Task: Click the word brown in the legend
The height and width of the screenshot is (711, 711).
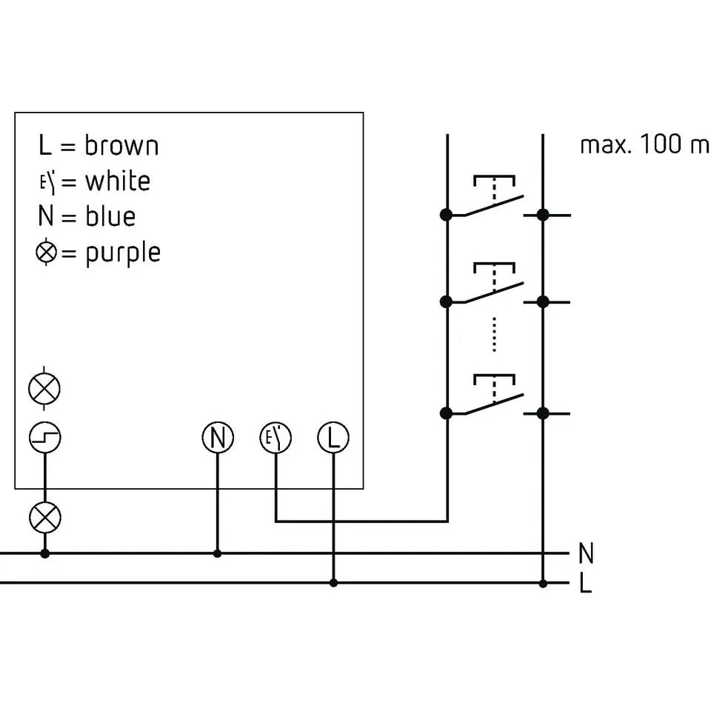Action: pyautogui.click(x=121, y=146)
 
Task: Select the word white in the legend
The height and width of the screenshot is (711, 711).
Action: pyautogui.click(x=118, y=181)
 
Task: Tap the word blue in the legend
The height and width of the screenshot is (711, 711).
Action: pyautogui.click(x=110, y=216)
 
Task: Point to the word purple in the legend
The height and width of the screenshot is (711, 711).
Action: pyautogui.click(x=123, y=253)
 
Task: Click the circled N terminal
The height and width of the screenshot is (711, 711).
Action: pyautogui.click(x=218, y=438)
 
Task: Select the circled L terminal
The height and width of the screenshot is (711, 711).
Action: pyautogui.click(x=333, y=438)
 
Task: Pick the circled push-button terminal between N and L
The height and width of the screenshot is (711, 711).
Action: pyautogui.click(x=276, y=438)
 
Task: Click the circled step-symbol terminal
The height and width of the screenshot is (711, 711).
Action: pyautogui.click(x=45, y=438)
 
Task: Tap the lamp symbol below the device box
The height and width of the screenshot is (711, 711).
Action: pyautogui.click(x=45, y=518)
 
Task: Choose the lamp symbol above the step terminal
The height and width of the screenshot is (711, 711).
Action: pyautogui.click(x=44, y=388)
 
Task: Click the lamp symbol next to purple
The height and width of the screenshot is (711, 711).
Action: pyautogui.click(x=46, y=252)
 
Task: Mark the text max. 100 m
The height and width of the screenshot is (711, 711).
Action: pyautogui.click(x=644, y=144)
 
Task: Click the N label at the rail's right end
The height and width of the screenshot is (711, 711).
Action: pyautogui.click(x=587, y=553)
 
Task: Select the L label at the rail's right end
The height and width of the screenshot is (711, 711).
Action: pyautogui.click(x=586, y=583)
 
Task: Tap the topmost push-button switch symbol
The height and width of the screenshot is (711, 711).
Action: pyautogui.click(x=494, y=196)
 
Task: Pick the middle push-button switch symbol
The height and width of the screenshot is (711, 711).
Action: pyautogui.click(x=494, y=284)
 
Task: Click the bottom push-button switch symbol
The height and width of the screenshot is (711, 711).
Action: pyautogui.click(x=494, y=395)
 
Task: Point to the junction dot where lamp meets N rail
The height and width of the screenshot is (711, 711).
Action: pyautogui.click(x=45, y=553)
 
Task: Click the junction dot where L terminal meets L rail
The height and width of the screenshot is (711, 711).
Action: pyautogui.click(x=333, y=583)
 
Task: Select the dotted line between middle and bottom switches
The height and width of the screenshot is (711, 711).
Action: pyautogui.click(x=494, y=335)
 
